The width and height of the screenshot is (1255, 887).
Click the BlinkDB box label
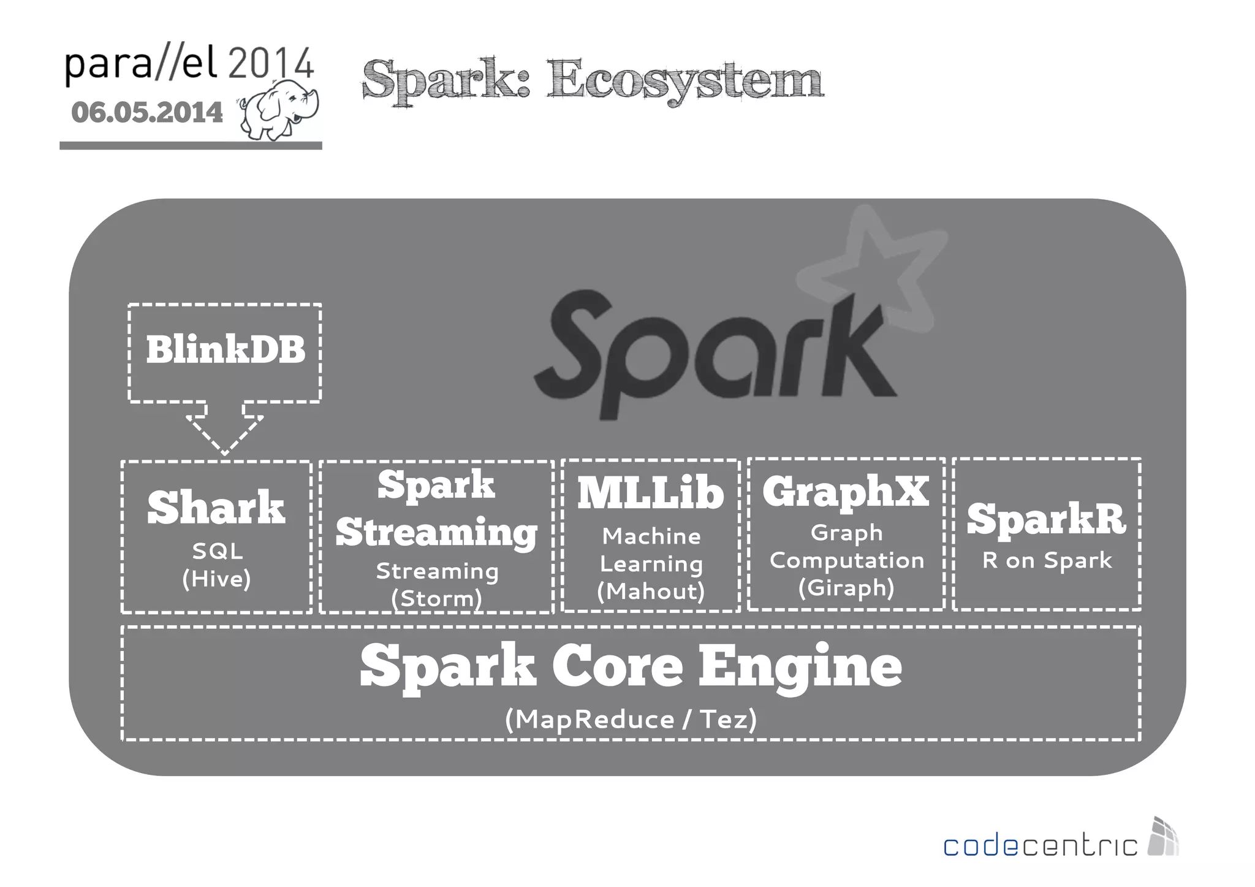pyautogui.click(x=225, y=349)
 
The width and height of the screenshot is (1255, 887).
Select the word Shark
pyautogui.click(x=216, y=508)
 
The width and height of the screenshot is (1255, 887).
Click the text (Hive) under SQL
pyautogui.click(x=216, y=579)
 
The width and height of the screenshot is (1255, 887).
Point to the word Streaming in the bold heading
pyautogui.click(x=436, y=532)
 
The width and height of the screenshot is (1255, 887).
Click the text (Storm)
pyautogui.click(x=436, y=598)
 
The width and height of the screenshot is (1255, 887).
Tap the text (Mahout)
pyautogui.click(x=651, y=591)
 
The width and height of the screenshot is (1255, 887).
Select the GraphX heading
pyautogui.click(x=846, y=492)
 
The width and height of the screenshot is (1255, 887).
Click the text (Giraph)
pyautogui.click(x=846, y=587)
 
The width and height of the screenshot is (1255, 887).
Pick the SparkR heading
pyautogui.click(x=1046, y=519)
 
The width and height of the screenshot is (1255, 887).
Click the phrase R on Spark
pyautogui.click(x=1047, y=560)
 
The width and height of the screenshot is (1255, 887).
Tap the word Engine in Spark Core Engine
pyautogui.click(x=800, y=667)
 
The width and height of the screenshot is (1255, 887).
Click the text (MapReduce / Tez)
pyautogui.click(x=631, y=719)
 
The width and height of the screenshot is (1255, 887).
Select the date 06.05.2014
pyautogui.click(x=147, y=113)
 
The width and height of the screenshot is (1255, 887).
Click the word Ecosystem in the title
pyautogui.click(x=684, y=80)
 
